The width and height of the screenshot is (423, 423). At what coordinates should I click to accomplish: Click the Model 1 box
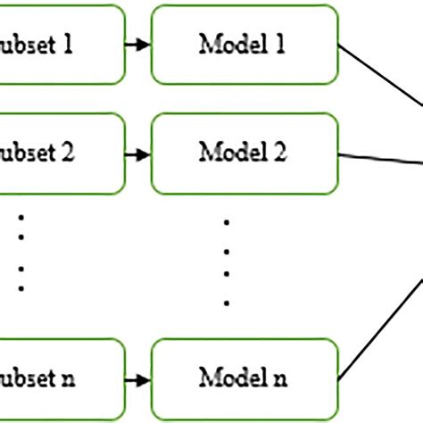pyautogui.click(x=244, y=45)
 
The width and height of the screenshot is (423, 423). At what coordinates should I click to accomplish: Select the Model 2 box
pyautogui.click(x=244, y=153)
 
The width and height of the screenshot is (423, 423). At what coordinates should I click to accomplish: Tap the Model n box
pyautogui.click(x=244, y=379)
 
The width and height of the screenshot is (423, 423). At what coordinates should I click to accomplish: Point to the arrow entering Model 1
pyautogui.click(x=136, y=45)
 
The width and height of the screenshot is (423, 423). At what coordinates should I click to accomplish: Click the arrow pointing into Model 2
pyautogui.click(x=136, y=153)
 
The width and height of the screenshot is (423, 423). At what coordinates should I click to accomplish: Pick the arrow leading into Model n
pyautogui.click(x=136, y=379)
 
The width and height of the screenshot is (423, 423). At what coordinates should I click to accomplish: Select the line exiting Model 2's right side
pyautogui.click(x=379, y=158)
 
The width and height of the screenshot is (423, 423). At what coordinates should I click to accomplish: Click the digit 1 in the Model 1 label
pyautogui.click(x=280, y=45)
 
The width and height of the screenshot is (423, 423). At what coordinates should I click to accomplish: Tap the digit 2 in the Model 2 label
pyautogui.click(x=279, y=153)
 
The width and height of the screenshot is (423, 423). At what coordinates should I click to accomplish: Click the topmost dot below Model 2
pyautogui.click(x=227, y=220)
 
